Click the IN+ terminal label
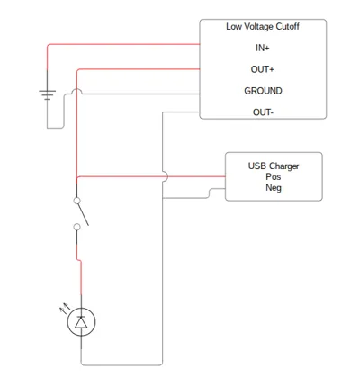pos(263,48)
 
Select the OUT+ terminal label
pos(263,69)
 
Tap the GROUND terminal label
pos(263,91)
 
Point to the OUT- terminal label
pos(263,112)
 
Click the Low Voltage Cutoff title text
pos(263,26)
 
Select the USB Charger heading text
pos(274,166)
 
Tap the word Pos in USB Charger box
pos(274,176)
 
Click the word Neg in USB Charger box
pos(274,188)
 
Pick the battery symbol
pos(47,94)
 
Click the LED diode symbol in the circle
pos(81,322)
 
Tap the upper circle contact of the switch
pos(76,201)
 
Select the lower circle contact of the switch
pos(76,227)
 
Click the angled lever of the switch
pos(83,214)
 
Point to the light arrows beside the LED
pos(65,308)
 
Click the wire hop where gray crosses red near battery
pos(76,91)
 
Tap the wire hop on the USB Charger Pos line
pos(165,176)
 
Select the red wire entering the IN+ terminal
pos(123,44)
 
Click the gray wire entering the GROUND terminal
pos(141,94)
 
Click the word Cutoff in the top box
pos(287,26)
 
